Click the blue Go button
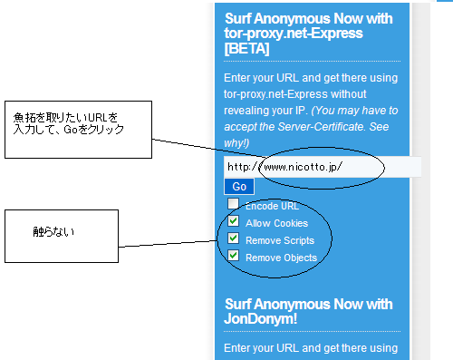tap(239, 187)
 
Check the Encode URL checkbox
tap(233, 203)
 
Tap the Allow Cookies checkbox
tap(233, 221)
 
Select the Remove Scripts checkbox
tap(233, 238)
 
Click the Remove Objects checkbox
tap(233, 256)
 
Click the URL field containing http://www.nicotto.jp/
tap(323, 167)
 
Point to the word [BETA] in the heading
tap(246, 48)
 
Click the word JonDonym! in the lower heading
tap(261, 318)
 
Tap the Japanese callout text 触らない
tap(53, 232)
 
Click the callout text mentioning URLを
tap(65, 117)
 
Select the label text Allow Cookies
tap(276, 223)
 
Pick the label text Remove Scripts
tap(280, 240)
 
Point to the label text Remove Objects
tap(281, 258)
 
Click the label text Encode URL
tap(272, 206)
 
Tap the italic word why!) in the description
tap(236, 143)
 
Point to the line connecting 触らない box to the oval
tap(168, 244)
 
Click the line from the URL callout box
tap(208, 148)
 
